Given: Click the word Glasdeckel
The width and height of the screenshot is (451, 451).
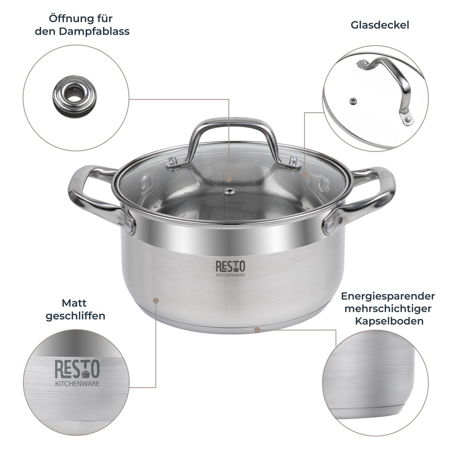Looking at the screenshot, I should [380, 25].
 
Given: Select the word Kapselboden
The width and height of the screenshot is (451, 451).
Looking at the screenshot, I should [389, 321].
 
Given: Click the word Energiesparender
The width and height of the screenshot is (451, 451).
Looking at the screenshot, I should [388, 296].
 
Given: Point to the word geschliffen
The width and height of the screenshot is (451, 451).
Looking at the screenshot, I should [75, 315].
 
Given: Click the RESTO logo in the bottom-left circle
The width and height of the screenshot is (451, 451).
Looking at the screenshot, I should [77, 369].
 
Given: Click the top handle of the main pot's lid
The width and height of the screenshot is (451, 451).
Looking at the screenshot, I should [233, 135].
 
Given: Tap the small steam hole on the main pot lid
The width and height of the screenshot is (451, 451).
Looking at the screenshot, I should [230, 192].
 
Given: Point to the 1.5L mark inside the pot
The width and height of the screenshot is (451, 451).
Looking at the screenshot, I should [243, 203].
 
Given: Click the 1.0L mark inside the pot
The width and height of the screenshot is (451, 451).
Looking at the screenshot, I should [243, 217].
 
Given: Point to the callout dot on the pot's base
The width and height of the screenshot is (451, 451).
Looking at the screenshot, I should [257, 330].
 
